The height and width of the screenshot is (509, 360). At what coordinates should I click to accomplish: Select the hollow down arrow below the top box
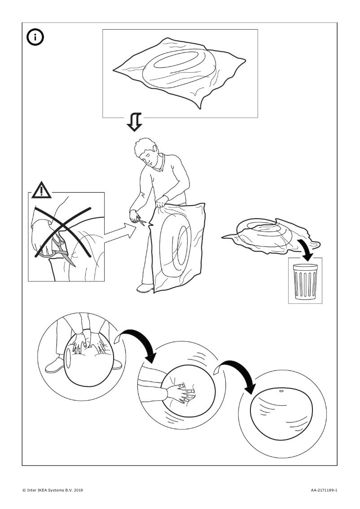click(134, 122)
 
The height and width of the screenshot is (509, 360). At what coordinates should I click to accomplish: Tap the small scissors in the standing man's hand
click(140, 220)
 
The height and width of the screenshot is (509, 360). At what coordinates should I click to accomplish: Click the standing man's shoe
click(145, 288)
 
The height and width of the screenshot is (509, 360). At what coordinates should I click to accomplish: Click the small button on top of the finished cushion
click(281, 391)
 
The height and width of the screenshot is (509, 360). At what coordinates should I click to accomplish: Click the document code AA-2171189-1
click(324, 490)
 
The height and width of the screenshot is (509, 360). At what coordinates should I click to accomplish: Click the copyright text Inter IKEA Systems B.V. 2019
click(52, 490)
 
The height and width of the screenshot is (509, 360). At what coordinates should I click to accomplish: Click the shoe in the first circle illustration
click(54, 364)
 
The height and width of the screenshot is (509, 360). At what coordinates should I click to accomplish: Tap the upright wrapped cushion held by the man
click(178, 247)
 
